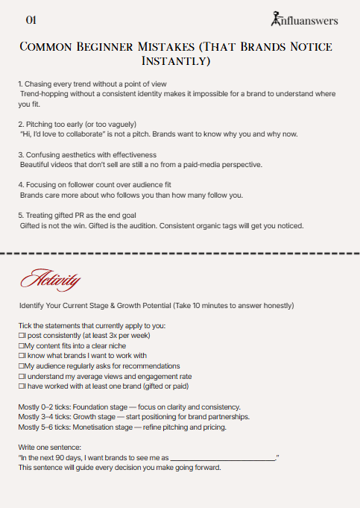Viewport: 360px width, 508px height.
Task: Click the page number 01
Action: click(31, 19)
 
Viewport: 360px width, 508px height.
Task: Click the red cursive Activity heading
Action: click(51, 281)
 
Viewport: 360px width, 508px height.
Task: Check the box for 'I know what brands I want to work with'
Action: click(21, 357)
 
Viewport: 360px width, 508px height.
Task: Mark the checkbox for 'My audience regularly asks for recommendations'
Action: click(21, 366)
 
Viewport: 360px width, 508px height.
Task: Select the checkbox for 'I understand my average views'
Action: click(21, 376)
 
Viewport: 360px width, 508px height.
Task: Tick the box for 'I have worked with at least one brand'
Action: click(21, 386)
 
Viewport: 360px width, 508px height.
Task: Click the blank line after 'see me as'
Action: click(224, 457)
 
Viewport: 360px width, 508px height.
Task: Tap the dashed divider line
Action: click(180, 254)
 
